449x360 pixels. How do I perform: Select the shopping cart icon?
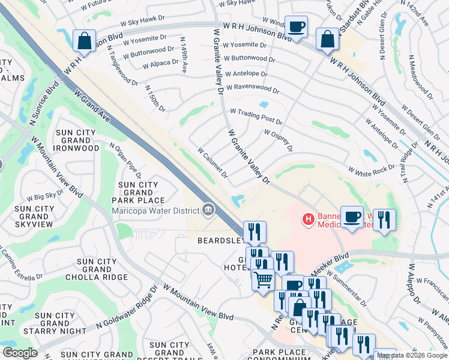tap(263, 280)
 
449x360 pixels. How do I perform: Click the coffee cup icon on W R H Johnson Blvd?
tap(295, 27)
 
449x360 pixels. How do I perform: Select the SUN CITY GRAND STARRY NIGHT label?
tap(56, 323)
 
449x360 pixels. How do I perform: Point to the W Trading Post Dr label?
tap(256, 116)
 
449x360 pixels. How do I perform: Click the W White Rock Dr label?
tap(370, 170)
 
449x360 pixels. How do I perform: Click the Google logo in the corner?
tap(20, 353)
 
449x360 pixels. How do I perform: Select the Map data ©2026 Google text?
tap(412, 355)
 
